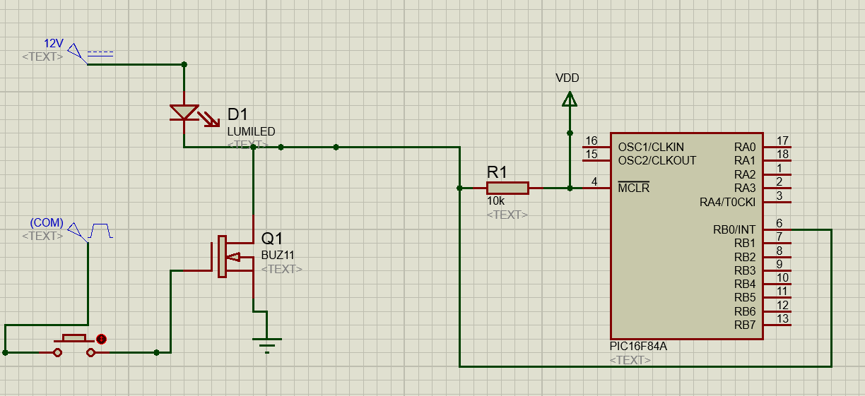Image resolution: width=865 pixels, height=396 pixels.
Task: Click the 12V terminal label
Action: pos(53,43)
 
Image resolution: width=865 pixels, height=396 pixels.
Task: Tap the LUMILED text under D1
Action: pos(251,131)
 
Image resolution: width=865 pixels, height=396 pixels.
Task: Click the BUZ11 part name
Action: pos(278,256)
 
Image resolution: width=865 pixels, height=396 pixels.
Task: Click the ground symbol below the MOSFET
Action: pos(267,345)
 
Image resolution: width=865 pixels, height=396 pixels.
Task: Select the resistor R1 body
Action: pos(507,188)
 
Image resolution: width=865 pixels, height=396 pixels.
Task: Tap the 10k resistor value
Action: pos(496,201)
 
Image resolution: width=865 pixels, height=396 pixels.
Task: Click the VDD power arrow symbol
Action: pos(570,99)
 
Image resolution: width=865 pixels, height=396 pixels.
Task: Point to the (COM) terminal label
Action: pos(47,222)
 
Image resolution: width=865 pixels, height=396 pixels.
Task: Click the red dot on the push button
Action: pos(101,339)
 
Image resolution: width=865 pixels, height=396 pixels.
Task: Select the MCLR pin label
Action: pos(634,188)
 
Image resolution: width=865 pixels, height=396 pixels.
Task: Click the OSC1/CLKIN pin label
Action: pos(651,147)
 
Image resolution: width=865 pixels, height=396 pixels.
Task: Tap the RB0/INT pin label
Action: pos(734,230)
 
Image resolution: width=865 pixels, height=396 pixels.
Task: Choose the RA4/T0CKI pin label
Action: pos(727,202)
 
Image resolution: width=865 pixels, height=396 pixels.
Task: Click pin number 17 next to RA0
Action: pos(782,140)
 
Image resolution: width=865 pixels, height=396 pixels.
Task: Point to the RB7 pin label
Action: pos(745,325)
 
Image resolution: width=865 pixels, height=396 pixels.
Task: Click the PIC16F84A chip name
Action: pos(638,347)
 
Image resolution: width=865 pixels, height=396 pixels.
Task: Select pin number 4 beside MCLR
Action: pos(594,181)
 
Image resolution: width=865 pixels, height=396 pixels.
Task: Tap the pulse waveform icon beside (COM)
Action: pos(100,231)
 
